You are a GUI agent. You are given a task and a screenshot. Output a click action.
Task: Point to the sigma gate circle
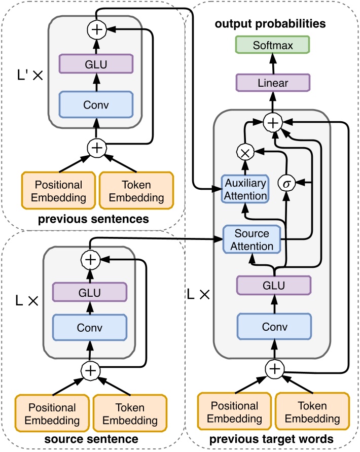tap(286, 182)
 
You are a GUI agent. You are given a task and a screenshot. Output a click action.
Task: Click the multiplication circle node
tap(244, 151)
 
